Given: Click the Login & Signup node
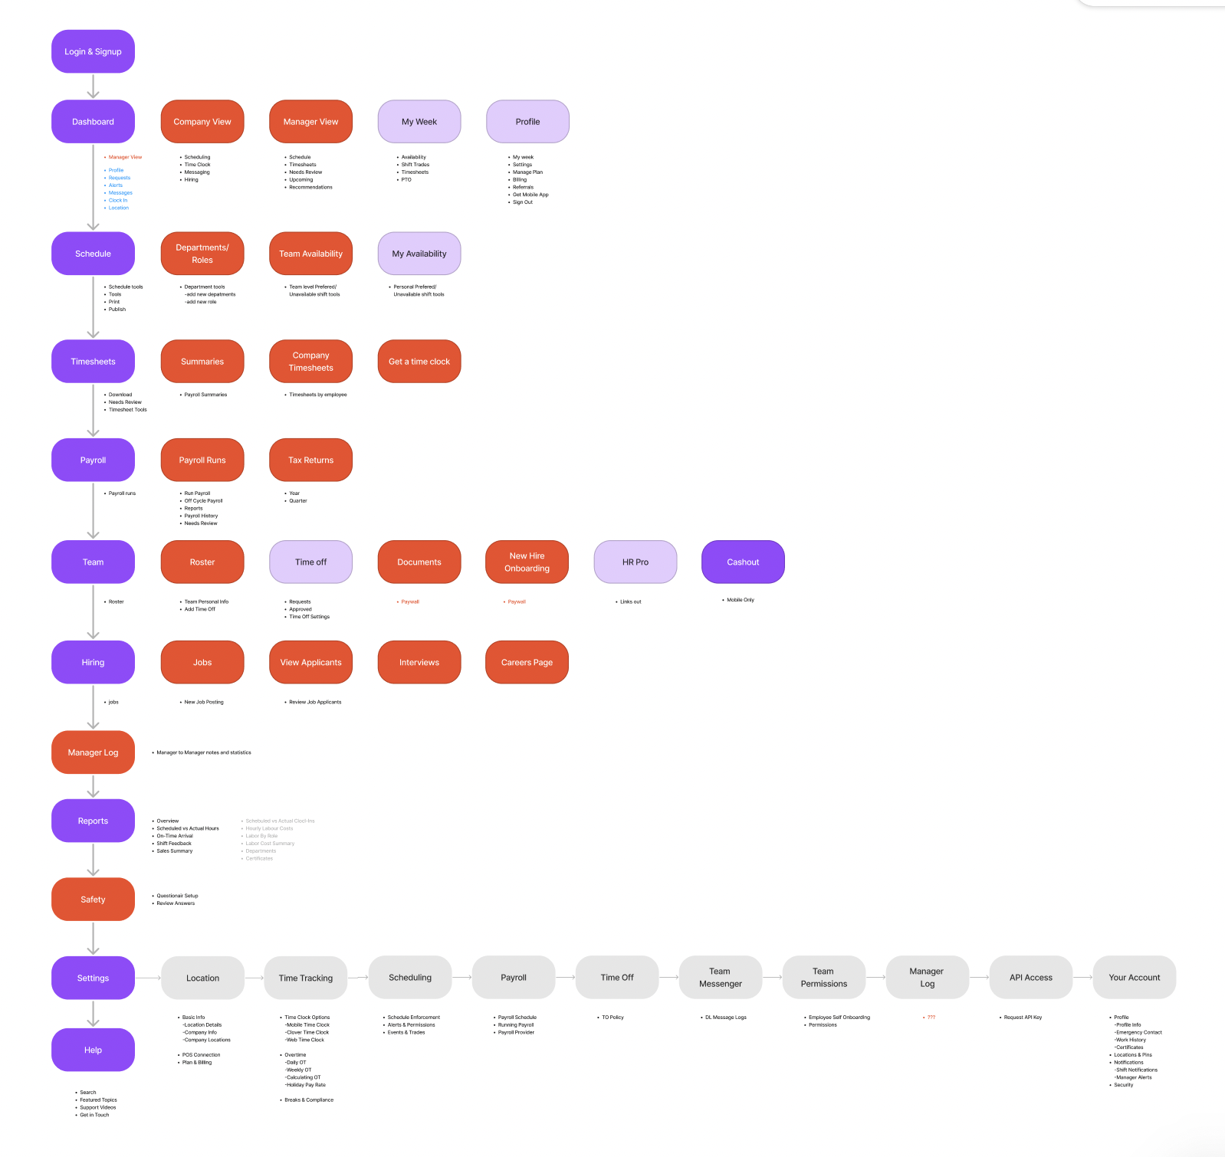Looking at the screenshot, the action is point(93,52).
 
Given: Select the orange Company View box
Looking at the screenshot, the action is point(202,122).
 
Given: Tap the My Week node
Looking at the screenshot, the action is point(419,122).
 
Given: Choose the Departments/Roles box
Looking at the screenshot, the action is point(202,254).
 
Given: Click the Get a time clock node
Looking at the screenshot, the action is point(419,362).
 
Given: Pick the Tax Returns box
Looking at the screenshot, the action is point(310,461).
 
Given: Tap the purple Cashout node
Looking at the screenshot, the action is point(743,562).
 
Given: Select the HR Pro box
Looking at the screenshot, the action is point(635,562).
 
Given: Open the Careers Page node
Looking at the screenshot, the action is point(527,663).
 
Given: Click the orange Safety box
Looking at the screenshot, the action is point(93,900).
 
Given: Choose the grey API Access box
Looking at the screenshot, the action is point(1030,978).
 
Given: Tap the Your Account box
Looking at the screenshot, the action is point(1134,978).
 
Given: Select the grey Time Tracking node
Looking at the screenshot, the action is point(306,978).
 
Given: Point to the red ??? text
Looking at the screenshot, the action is point(931,1018).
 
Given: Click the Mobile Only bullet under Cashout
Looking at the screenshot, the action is point(741,600).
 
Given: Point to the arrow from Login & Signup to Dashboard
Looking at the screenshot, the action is point(93,87).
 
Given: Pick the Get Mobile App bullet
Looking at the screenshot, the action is point(530,195).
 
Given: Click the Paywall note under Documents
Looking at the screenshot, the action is point(410,602).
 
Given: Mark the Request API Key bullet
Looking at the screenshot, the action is point(1023,1018).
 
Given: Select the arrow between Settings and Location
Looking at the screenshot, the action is point(148,978).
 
